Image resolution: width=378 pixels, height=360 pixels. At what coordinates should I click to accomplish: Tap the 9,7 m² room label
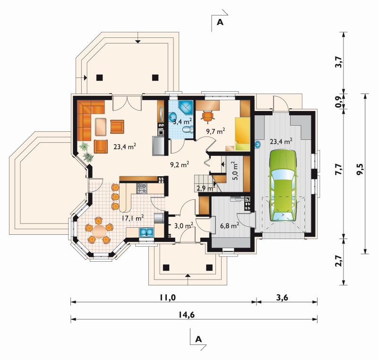click(216, 131)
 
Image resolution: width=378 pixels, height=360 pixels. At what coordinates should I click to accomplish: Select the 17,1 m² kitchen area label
click(133, 218)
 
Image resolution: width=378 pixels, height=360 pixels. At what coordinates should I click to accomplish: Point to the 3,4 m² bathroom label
click(183, 121)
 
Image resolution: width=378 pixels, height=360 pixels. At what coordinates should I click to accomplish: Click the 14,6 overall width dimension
click(187, 315)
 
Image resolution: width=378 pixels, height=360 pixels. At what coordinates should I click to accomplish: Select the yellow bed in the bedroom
click(243, 134)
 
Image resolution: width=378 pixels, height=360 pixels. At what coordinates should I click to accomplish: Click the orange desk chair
click(208, 115)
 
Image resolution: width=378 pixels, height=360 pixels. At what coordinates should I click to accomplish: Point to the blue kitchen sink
click(146, 232)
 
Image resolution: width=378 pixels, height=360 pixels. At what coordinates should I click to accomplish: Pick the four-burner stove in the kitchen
click(142, 189)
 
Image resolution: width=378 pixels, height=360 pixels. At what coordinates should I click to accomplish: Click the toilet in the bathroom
click(188, 129)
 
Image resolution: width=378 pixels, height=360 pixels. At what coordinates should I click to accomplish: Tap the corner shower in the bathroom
click(186, 108)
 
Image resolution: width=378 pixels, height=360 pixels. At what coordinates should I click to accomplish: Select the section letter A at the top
click(220, 22)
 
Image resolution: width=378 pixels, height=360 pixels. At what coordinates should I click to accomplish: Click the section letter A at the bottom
click(198, 339)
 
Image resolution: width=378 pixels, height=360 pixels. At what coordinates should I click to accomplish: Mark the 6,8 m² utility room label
click(230, 225)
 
